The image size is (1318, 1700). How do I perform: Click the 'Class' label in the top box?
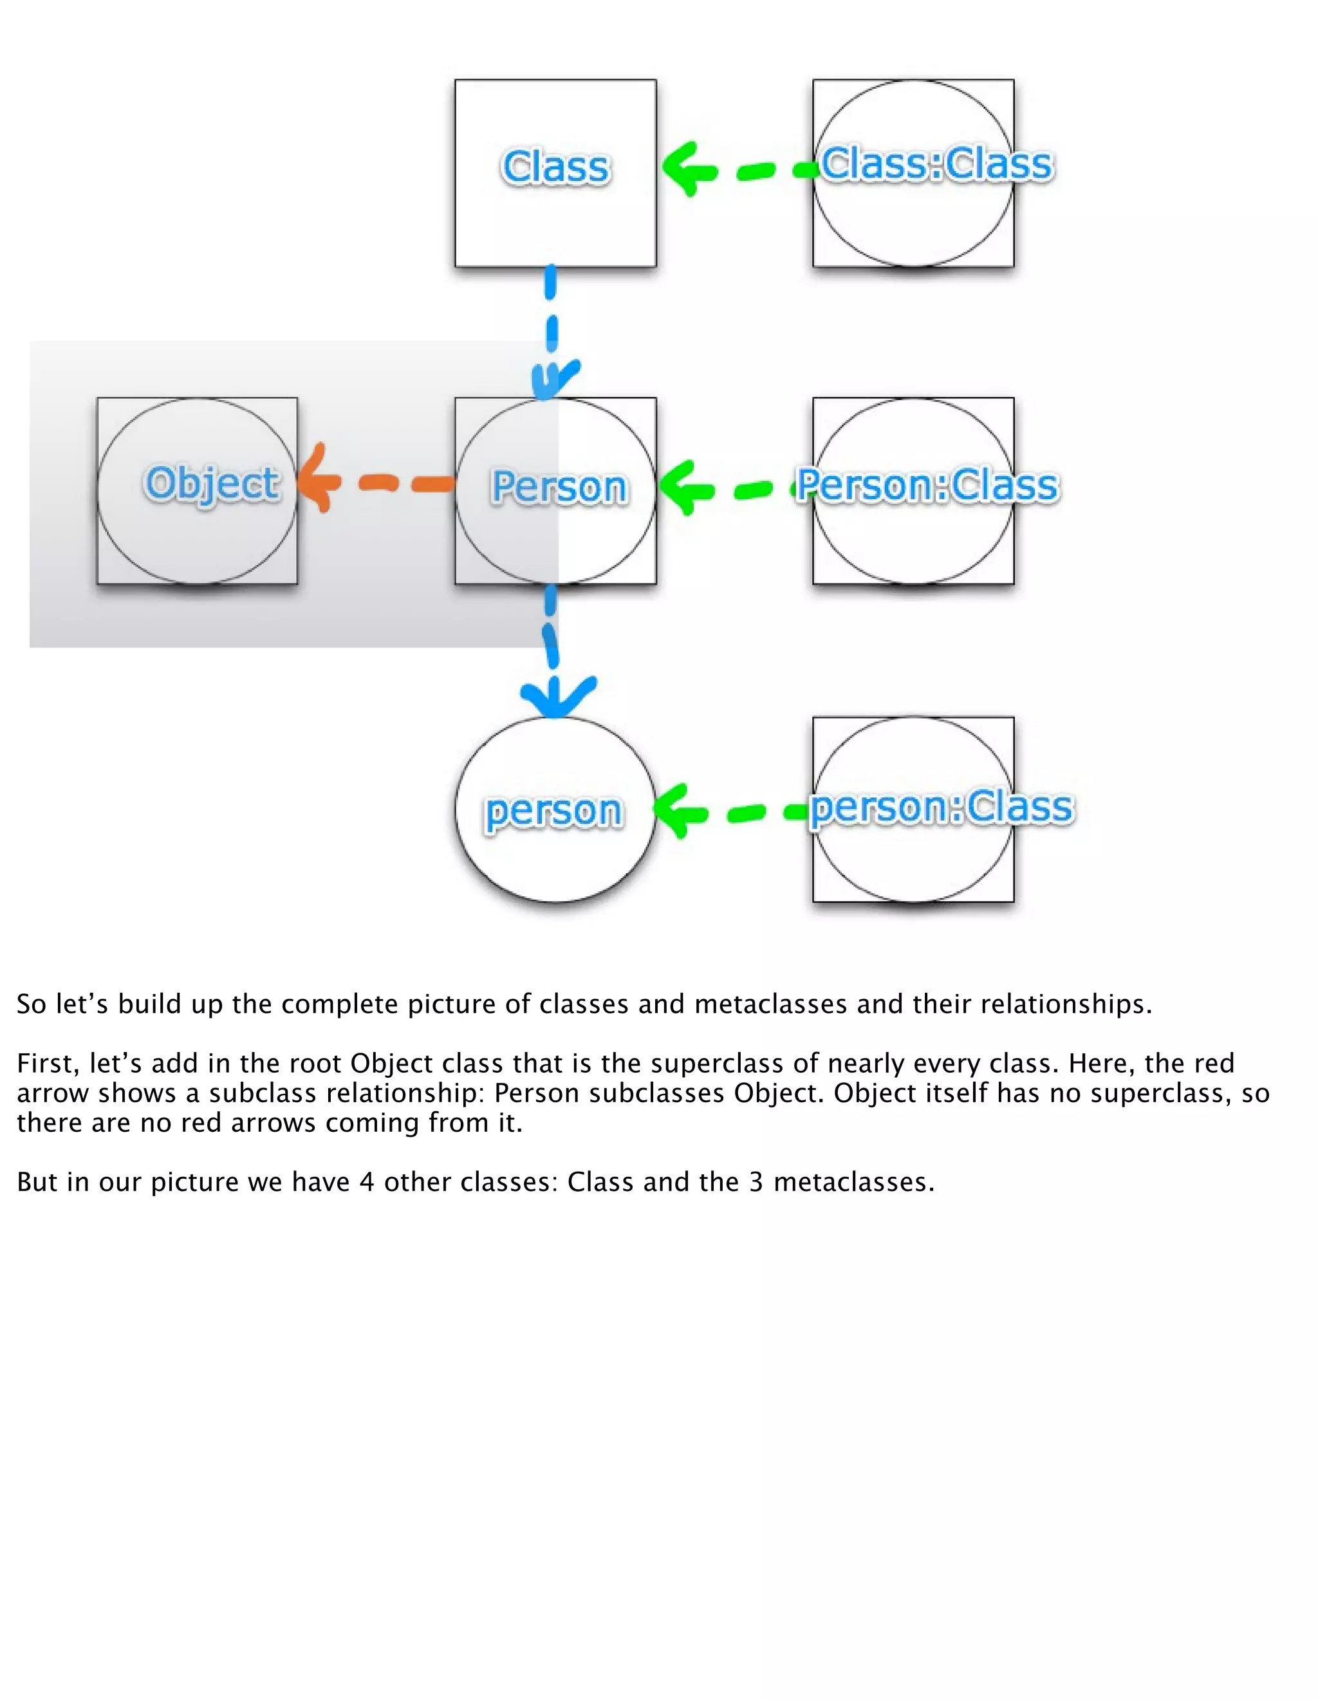click(x=555, y=167)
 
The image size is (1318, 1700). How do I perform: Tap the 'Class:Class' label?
click(x=936, y=164)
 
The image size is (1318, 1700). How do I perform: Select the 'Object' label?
click(x=212, y=483)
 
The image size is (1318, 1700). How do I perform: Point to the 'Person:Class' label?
click(x=927, y=485)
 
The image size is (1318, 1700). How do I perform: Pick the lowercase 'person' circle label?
click(x=553, y=812)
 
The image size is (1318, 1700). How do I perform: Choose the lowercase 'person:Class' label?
click(x=942, y=806)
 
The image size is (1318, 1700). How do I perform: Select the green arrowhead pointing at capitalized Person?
click(x=683, y=487)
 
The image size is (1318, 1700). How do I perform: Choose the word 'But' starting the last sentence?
click(x=37, y=1181)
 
